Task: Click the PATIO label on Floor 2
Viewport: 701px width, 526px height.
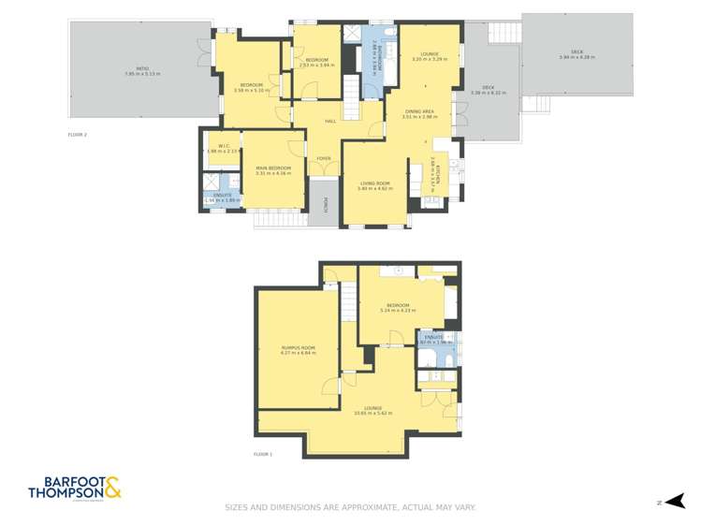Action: (x=142, y=68)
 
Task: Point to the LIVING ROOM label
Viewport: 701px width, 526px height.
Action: (x=374, y=183)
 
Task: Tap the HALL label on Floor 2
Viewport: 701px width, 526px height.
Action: (x=330, y=122)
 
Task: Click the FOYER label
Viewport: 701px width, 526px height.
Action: (x=323, y=158)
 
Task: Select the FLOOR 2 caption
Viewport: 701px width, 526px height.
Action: (x=77, y=135)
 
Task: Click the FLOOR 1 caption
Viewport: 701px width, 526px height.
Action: (x=262, y=454)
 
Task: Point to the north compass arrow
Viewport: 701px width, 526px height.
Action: (x=676, y=502)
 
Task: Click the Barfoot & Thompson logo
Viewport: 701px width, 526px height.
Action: (x=75, y=488)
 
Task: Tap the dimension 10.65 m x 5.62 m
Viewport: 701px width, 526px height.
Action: (x=372, y=413)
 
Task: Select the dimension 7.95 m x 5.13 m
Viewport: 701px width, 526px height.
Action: (x=142, y=74)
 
